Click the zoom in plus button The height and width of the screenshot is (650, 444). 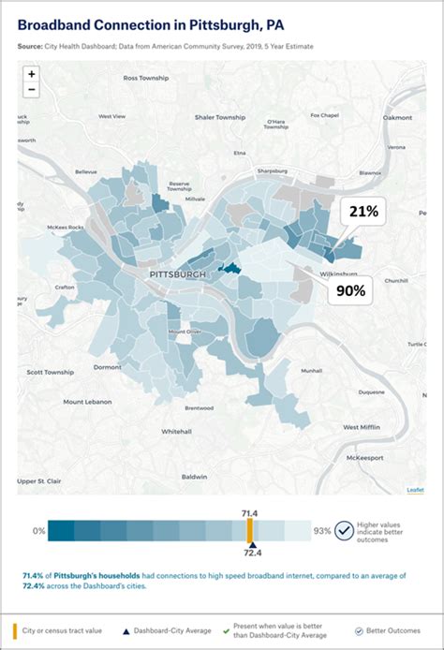(32, 73)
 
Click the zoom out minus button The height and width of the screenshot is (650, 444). (32, 90)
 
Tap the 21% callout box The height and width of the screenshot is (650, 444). (363, 213)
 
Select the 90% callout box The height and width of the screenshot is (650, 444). (350, 290)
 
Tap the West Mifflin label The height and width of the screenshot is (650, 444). (361, 426)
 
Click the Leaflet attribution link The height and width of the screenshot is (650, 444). (414, 490)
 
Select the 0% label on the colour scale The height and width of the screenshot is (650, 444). (38, 531)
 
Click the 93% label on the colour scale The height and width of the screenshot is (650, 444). (321, 531)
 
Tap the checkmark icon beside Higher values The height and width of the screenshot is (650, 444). (344, 530)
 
